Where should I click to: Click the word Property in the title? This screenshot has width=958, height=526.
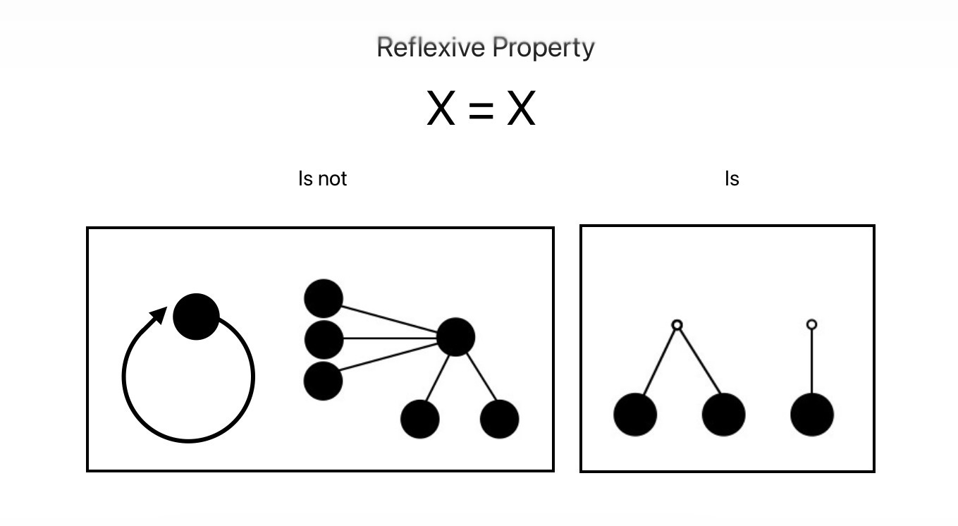(x=544, y=49)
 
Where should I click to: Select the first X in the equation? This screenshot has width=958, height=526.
(x=441, y=108)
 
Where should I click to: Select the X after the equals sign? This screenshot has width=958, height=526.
(x=521, y=108)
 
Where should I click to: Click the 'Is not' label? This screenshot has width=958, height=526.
(x=322, y=178)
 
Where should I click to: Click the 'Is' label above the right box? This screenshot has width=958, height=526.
(x=732, y=178)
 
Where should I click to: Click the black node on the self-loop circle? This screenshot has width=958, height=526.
(x=196, y=317)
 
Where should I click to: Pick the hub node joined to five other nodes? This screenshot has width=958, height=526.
(x=456, y=337)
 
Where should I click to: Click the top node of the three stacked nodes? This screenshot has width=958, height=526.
(x=324, y=298)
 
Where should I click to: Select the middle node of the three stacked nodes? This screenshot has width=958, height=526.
(x=324, y=340)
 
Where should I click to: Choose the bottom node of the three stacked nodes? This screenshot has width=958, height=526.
(x=323, y=381)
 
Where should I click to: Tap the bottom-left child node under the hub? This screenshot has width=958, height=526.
(x=420, y=419)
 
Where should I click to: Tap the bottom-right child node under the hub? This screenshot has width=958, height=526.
(x=500, y=419)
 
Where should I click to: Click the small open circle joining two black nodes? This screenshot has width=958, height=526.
(x=677, y=325)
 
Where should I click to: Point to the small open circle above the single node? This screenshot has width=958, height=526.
(x=812, y=324)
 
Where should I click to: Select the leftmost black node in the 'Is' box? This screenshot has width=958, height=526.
(x=635, y=415)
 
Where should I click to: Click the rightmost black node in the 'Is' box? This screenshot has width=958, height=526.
(x=812, y=415)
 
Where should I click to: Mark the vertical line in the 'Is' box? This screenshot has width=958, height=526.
(x=812, y=361)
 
